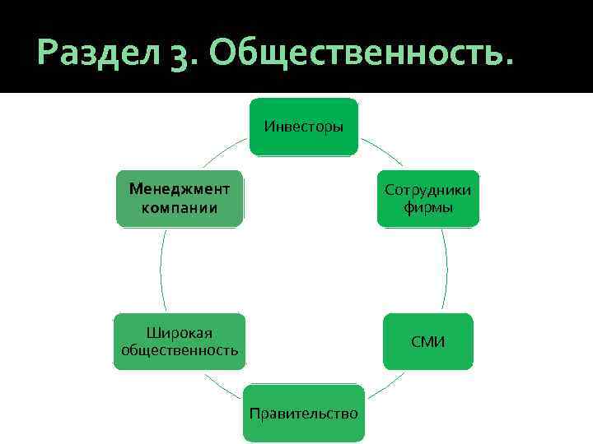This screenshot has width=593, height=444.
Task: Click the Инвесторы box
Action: [304, 127]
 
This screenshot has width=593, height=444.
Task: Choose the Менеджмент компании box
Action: [180, 198]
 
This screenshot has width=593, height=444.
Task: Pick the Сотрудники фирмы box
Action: [427, 198]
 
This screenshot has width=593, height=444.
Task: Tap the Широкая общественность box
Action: [180, 341]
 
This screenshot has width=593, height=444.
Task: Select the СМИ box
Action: [427, 341]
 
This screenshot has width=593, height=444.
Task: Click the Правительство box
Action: [304, 413]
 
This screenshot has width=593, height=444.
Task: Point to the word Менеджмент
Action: [180, 188]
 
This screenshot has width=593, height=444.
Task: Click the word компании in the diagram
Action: [180, 207]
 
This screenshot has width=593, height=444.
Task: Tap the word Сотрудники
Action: [427, 190]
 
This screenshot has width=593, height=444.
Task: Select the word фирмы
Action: [427, 207]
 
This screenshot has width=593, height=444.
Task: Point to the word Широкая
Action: [180, 332]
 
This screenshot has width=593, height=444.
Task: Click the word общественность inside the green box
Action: [180, 350]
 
